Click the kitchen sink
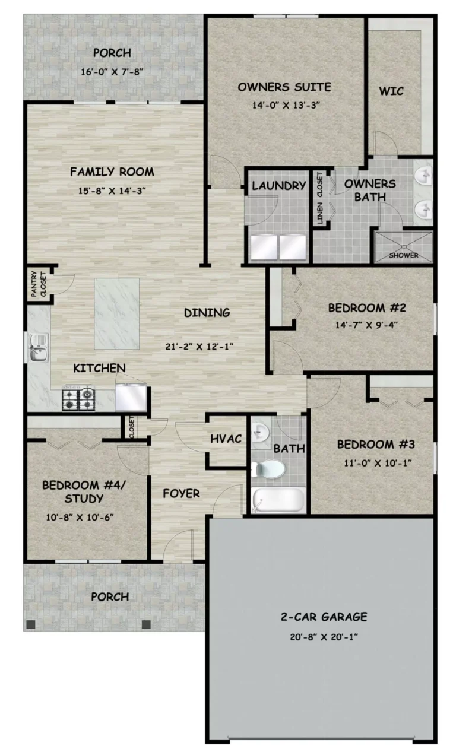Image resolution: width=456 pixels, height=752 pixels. click(38, 347)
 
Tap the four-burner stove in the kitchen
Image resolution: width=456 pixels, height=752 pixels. click(78, 398)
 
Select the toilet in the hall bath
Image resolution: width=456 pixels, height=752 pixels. click(268, 469)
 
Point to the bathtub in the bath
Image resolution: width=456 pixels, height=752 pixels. click(278, 500)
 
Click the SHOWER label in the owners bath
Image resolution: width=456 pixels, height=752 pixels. click(404, 255)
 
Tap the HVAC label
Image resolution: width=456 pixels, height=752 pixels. click(226, 439)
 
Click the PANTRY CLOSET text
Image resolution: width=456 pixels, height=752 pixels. click(38, 284)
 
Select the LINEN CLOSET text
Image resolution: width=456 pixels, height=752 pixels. click(319, 198)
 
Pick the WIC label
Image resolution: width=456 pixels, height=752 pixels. click(391, 91)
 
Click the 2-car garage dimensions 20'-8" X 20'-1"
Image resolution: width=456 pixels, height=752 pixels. click(324, 637)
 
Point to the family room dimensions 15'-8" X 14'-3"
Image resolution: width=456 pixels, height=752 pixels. click(112, 191)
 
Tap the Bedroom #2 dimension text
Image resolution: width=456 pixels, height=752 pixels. click(366, 325)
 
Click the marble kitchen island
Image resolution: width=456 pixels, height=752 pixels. click(116, 313)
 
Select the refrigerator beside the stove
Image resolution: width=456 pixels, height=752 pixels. click(131, 397)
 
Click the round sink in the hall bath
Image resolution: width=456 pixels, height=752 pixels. click(260, 431)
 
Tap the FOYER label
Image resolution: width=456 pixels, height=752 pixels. click(181, 493)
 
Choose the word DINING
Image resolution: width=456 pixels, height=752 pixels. click(207, 313)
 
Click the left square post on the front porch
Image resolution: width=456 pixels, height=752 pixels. click(31, 624)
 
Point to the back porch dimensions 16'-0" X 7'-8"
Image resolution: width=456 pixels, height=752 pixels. click(112, 71)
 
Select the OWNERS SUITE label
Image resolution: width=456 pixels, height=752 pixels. click(284, 87)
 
